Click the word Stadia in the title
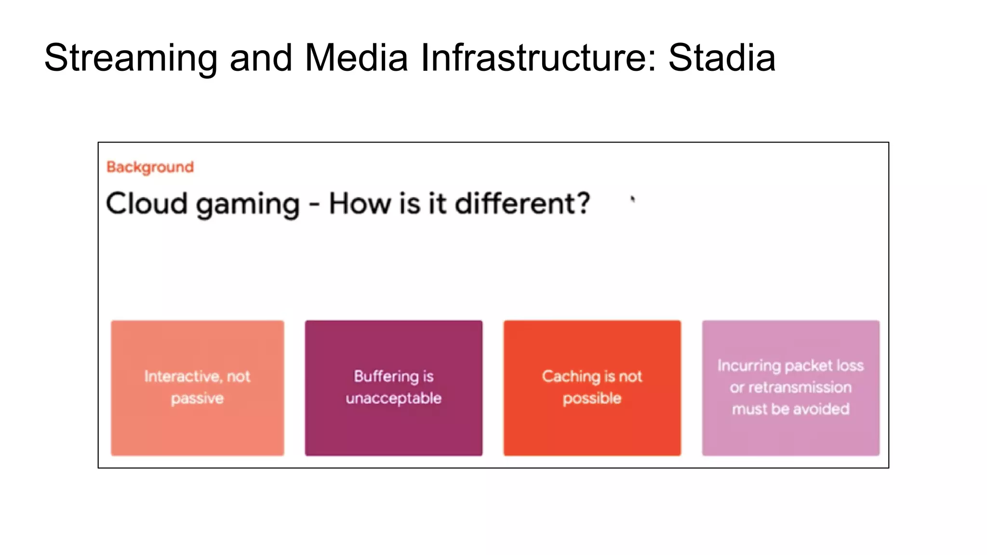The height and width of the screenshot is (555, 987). [x=721, y=58]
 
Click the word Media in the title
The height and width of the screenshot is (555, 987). [x=357, y=58]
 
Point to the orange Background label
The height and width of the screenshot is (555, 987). [x=150, y=167]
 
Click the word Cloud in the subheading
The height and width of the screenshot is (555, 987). [x=147, y=203]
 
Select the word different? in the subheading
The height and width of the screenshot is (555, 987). [x=522, y=203]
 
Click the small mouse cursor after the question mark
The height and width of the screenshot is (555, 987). [x=633, y=199]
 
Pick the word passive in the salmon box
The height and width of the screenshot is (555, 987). [x=197, y=398]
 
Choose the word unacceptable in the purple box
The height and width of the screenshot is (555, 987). [x=393, y=398]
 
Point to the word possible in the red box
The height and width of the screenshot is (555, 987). [x=592, y=398]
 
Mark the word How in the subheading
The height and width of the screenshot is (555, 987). [x=360, y=203]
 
